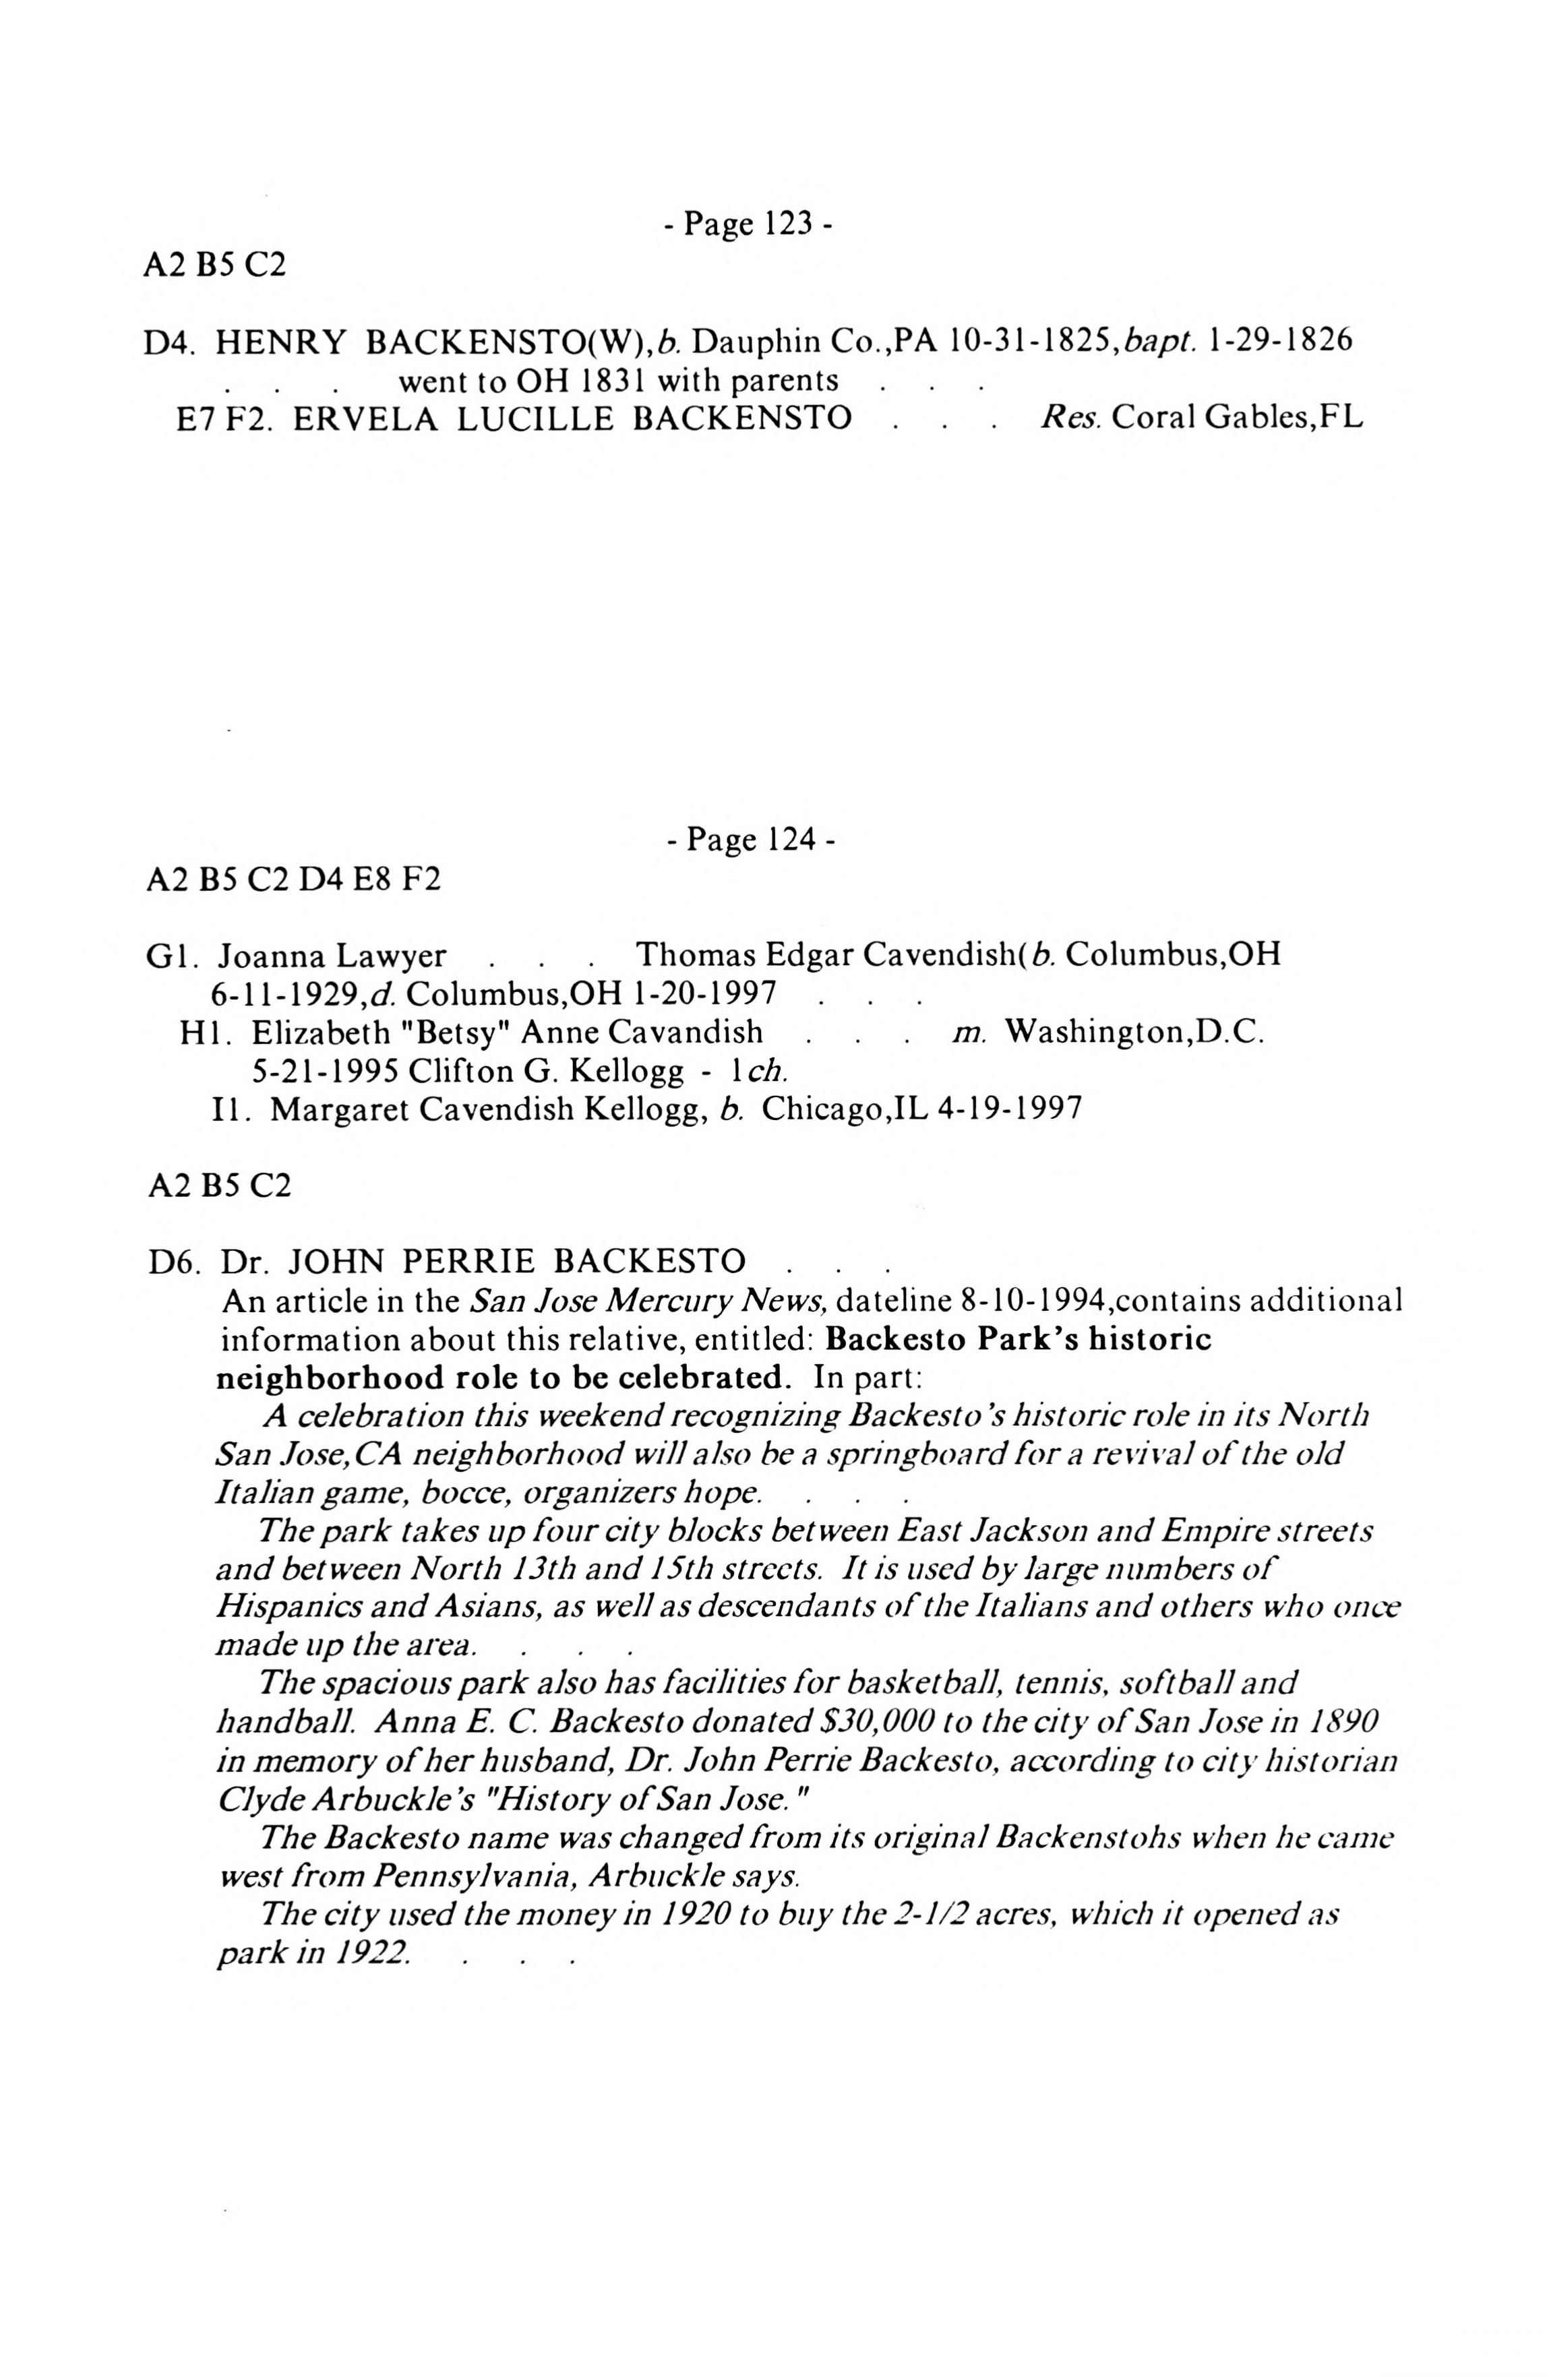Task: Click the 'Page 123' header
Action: point(747,224)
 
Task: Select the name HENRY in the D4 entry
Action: point(280,342)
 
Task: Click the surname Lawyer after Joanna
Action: point(390,956)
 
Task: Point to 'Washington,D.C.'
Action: point(1134,1032)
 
